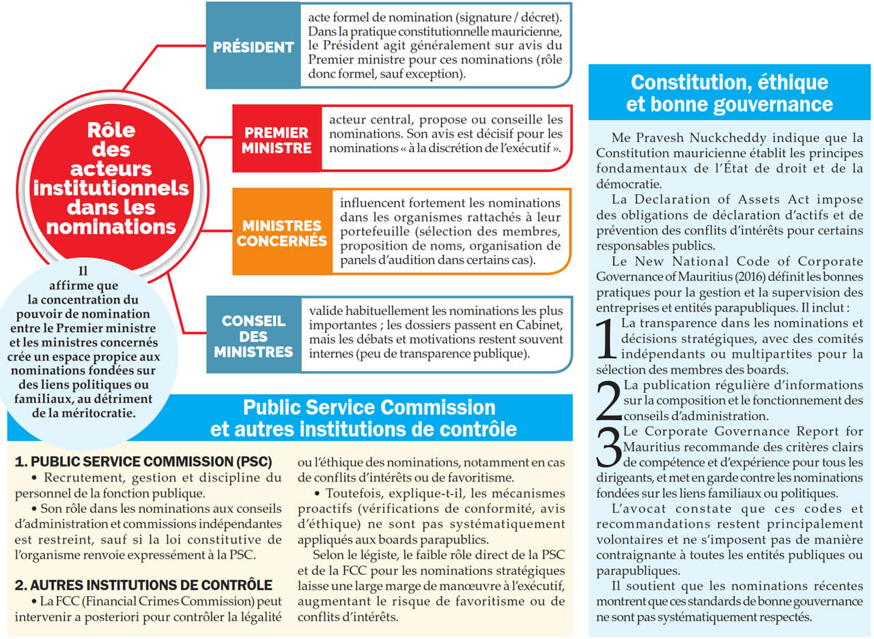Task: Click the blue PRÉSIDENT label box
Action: point(253,47)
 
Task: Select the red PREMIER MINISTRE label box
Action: point(277,139)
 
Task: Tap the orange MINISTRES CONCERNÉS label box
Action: point(281,233)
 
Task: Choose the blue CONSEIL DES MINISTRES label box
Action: point(253,336)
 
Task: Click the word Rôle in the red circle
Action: point(112,130)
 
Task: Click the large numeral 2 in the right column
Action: point(608,400)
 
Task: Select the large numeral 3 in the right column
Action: point(608,447)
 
